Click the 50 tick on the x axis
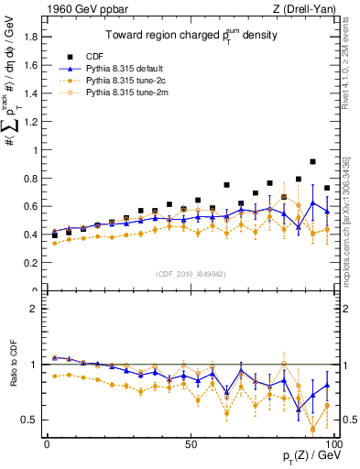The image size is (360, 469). (x=191, y=443)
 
